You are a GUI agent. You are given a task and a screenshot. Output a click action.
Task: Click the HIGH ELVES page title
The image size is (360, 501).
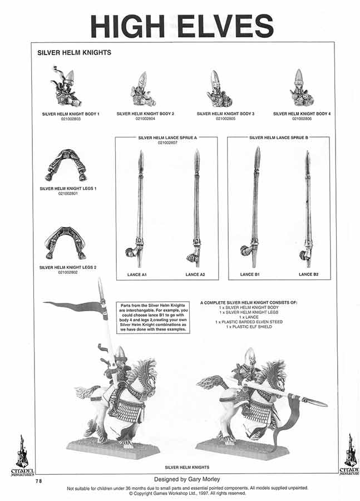pos(181,26)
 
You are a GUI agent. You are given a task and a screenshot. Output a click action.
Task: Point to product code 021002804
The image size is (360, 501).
pos(145,119)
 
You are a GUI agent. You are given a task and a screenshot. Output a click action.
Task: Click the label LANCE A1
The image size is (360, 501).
pos(136,274)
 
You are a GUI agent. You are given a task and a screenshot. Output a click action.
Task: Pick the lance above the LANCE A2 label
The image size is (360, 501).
pos(195,212)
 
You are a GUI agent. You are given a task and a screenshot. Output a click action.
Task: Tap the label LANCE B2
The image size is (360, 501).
pos(308,274)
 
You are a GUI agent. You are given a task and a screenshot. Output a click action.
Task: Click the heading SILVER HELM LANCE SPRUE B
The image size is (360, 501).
pos(279,137)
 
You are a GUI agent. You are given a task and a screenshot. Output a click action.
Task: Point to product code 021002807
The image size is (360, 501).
pos(167,142)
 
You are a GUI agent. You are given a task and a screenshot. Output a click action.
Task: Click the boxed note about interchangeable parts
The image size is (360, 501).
pos(153,318)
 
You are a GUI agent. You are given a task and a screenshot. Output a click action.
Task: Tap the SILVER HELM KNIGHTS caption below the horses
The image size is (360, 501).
pos(187,467)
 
